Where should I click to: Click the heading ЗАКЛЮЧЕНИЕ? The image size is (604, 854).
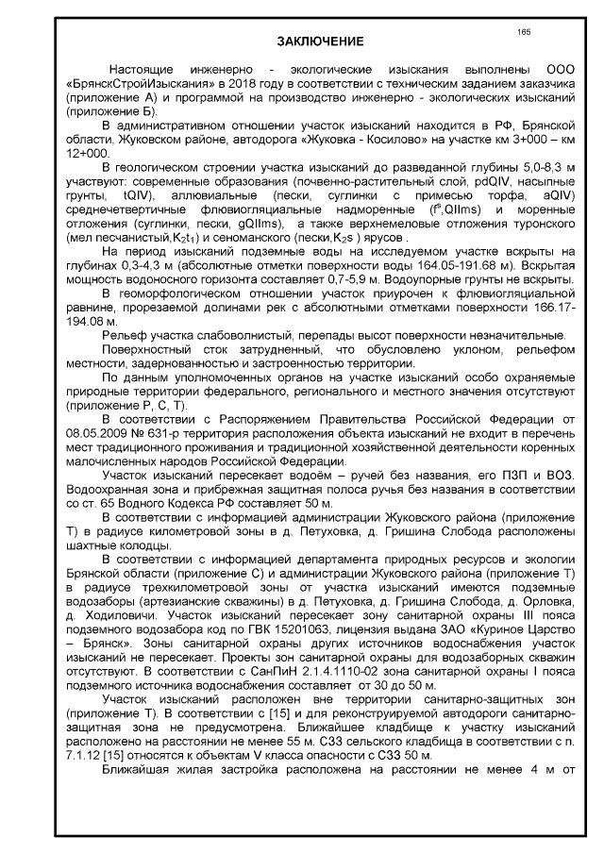point(320,42)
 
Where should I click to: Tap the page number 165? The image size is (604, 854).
point(524,32)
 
